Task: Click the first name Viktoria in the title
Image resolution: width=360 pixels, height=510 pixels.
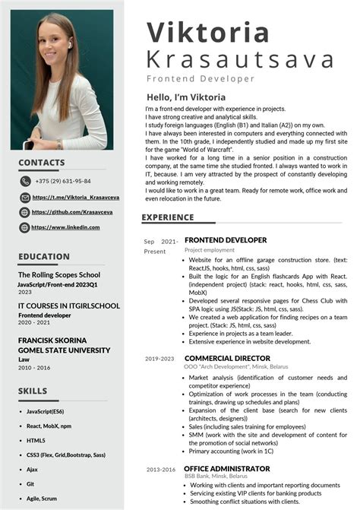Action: [207, 33]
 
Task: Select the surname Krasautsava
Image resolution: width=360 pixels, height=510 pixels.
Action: [240, 59]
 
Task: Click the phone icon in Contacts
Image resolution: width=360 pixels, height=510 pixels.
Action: [25, 181]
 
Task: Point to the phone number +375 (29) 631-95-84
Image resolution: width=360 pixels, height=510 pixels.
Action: [62, 181]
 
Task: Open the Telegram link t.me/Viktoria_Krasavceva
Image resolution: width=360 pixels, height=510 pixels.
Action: [70, 197]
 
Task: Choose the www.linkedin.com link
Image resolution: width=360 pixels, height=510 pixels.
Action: [66, 227]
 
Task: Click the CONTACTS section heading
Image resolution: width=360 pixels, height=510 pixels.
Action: [41, 162]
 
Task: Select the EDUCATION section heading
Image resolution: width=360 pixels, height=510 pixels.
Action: [44, 256]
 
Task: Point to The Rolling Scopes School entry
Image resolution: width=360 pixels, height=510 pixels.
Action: [59, 274]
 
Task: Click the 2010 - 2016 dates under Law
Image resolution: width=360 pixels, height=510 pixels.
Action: [34, 367]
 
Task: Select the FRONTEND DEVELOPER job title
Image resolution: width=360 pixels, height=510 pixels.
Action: [226, 240]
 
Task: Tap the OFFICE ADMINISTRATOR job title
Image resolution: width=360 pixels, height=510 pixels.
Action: [227, 468]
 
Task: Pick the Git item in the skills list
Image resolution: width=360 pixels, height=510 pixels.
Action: [30, 483]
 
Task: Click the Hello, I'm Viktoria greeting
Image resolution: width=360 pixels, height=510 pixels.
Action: [186, 97]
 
